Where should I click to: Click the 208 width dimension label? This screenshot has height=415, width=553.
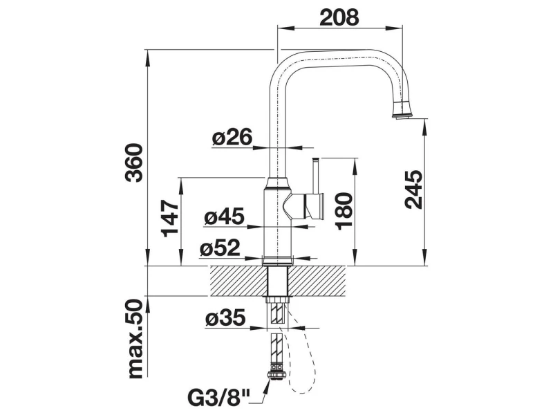(339, 17)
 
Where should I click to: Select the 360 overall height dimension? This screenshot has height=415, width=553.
(134, 163)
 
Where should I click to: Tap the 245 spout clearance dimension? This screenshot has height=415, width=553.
(413, 190)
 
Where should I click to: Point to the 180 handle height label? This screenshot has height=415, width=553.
(344, 212)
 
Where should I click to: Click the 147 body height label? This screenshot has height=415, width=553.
(170, 219)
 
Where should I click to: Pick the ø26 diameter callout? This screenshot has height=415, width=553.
(232, 137)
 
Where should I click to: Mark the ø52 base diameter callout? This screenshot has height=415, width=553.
(220, 248)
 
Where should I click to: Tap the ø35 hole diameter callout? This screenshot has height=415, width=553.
(225, 317)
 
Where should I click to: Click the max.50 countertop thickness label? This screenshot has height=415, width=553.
(135, 339)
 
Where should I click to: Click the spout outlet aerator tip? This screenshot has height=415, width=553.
(402, 109)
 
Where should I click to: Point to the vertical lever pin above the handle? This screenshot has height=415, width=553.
(316, 176)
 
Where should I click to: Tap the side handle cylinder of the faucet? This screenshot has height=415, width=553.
(315, 206)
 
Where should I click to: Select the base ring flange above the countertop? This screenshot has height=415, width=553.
(277, 260)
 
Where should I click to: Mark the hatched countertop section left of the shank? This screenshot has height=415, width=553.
(239, 281)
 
